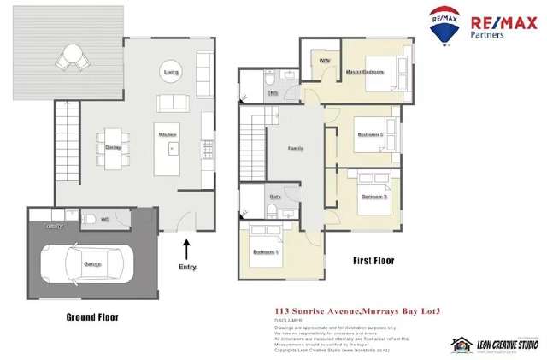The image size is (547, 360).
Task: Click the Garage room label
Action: point(92,264)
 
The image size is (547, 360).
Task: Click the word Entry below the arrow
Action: point(187,267)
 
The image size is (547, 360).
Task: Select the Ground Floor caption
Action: point(91,316)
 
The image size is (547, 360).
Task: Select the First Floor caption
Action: point(373,260)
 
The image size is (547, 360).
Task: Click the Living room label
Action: point(171,72)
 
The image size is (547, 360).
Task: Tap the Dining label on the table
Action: point(113,147)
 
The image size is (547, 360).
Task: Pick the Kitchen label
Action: point(167,135)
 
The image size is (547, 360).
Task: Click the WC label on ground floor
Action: point(105,220)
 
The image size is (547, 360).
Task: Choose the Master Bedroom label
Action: point(364,72)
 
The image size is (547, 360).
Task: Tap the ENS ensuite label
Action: point(273,92)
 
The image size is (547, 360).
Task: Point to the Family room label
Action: point(295,148)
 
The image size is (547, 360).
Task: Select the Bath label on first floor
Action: point(275,197)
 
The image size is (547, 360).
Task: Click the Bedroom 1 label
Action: point(266,251)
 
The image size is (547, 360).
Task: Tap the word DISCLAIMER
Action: point(288,321)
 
